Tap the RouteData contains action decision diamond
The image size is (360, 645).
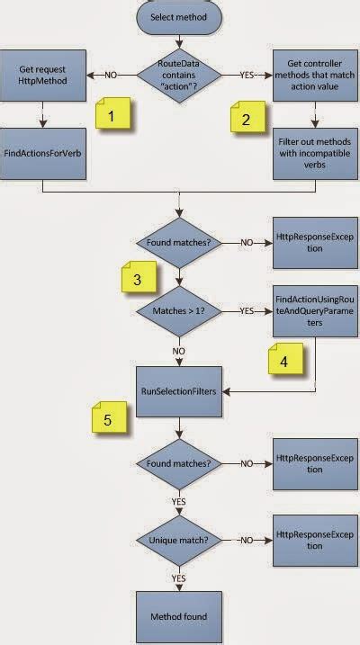click(x=179, y=75)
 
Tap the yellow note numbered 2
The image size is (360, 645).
click(x=245, y=142)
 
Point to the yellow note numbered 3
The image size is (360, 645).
click(x=136, y=279)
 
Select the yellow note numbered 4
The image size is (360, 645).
click(x=284, y=361)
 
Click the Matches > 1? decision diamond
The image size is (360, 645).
click(x=180, y=311)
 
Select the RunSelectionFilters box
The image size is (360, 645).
click(x=180, y=390)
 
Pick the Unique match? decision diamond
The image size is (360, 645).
click(x=180, y=542)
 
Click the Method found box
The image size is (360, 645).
click(x=180, y=616)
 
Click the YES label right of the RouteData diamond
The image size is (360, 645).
click(x=246, y=75)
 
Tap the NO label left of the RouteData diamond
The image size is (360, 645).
click(x=111, y=75)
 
